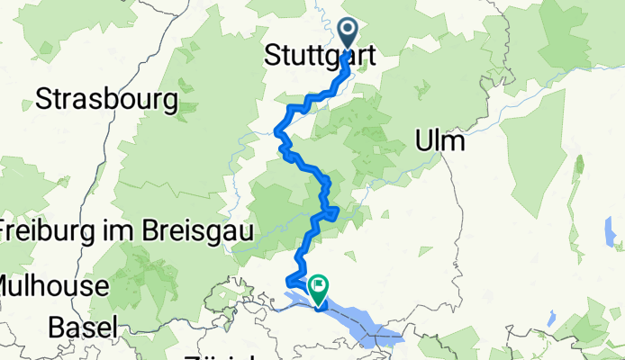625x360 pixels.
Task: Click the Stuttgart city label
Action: tap(320, 57)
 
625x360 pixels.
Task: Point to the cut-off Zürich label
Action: tap(216, 356)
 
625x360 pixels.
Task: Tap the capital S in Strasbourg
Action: tap(42, 100)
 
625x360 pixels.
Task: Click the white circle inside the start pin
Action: tap(349, 31)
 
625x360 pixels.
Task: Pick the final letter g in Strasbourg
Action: tap(168, 103)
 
